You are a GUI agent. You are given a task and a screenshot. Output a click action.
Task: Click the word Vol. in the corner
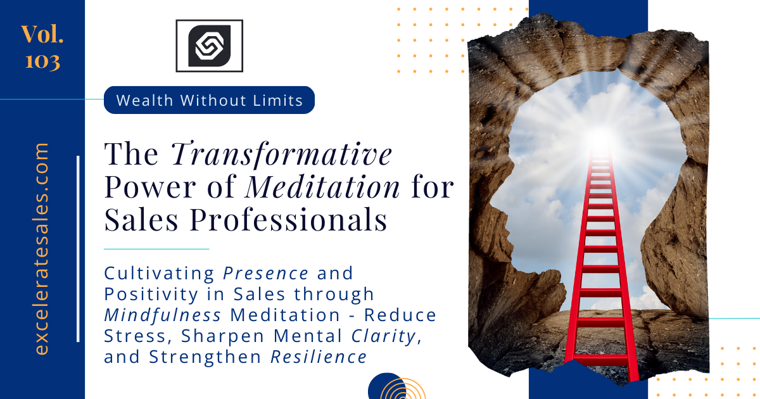tap(42, 34)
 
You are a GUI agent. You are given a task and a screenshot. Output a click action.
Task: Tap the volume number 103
tap(43, 61)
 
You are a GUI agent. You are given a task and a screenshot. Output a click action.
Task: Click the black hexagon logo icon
tap(210, 46)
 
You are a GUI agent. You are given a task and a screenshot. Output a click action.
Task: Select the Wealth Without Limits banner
tap(210, 100)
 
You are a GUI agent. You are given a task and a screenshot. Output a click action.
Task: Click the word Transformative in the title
tap(282, 155)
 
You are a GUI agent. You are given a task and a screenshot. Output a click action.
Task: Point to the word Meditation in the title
tap(322, 187)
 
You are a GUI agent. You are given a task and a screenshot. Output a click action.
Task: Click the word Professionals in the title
tap(288, 220)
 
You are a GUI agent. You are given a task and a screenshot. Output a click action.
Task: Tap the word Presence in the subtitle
tap(265, 273)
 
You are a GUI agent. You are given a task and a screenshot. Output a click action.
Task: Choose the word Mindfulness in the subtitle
tap(163, 315)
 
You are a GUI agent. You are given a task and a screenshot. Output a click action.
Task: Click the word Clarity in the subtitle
tap(384, 336)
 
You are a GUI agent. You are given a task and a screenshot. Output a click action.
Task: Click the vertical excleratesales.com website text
tap(41, 249)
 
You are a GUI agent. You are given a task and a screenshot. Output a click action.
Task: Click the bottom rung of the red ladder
tap(601, 360)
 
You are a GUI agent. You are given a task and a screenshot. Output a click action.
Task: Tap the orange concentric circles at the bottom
tap(403, 389)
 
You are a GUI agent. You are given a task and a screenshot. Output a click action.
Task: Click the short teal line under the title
tap(156, 249)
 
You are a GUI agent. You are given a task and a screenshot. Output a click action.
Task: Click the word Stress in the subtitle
tap(135, 336)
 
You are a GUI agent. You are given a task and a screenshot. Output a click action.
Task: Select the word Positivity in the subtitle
tap(151, 294)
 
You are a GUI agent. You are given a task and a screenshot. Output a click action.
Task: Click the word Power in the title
tap(150, 187)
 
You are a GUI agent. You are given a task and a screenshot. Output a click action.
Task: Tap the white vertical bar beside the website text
tap(79, 249)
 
